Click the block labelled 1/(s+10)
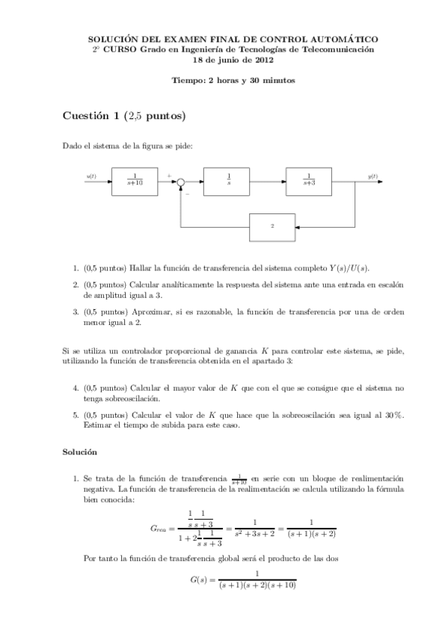click(135, 180)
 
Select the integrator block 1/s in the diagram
click(228, 180)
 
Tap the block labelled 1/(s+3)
click(308, 180)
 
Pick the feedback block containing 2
click(272, 225)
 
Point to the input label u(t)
click(91, 176)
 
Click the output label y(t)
click(372, 176)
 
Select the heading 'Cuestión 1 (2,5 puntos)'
click(123, 116)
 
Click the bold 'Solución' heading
click(80, 452)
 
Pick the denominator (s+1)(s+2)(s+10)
click(257, 586)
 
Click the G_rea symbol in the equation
click(162, 529)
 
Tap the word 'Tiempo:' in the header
click(187, 79)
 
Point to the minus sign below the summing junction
click(187, 194)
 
